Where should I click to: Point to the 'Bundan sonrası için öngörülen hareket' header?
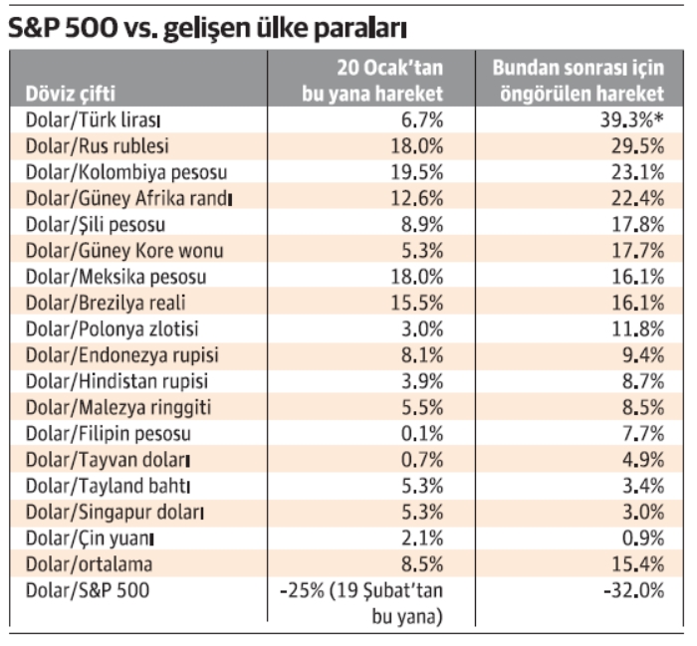[x=580, y=82]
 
